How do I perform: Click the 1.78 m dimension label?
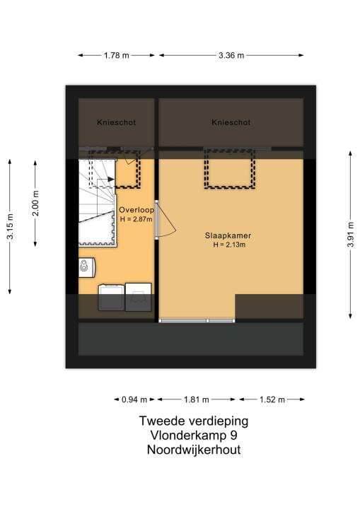click(116, 56)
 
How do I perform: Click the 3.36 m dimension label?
click(231, 56)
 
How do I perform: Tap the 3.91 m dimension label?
click(350, 235)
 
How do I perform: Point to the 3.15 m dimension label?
click(10, 227)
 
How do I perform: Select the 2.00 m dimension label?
click(35, 203)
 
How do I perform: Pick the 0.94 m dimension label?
click(134, 399)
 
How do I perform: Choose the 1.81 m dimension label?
click(196, 399)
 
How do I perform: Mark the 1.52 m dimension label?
click(272, 399)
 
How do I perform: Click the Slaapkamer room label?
click(228, 235)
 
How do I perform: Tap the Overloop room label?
click(137, 210)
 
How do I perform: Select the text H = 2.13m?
click(229, 245)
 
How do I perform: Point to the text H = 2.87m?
click(136, 219)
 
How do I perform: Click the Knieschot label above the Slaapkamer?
click(231, 122)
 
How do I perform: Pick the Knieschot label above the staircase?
click(116, 122)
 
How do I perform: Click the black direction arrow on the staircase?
click(111, 179)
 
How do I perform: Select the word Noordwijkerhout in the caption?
click(194, 450)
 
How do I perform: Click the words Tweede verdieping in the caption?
click(194, 421)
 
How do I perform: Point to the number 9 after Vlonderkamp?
click(233, 435)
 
